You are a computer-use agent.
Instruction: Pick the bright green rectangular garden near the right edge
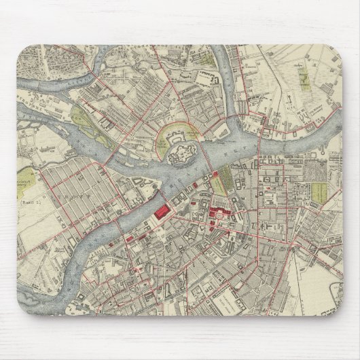pos(334,199)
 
